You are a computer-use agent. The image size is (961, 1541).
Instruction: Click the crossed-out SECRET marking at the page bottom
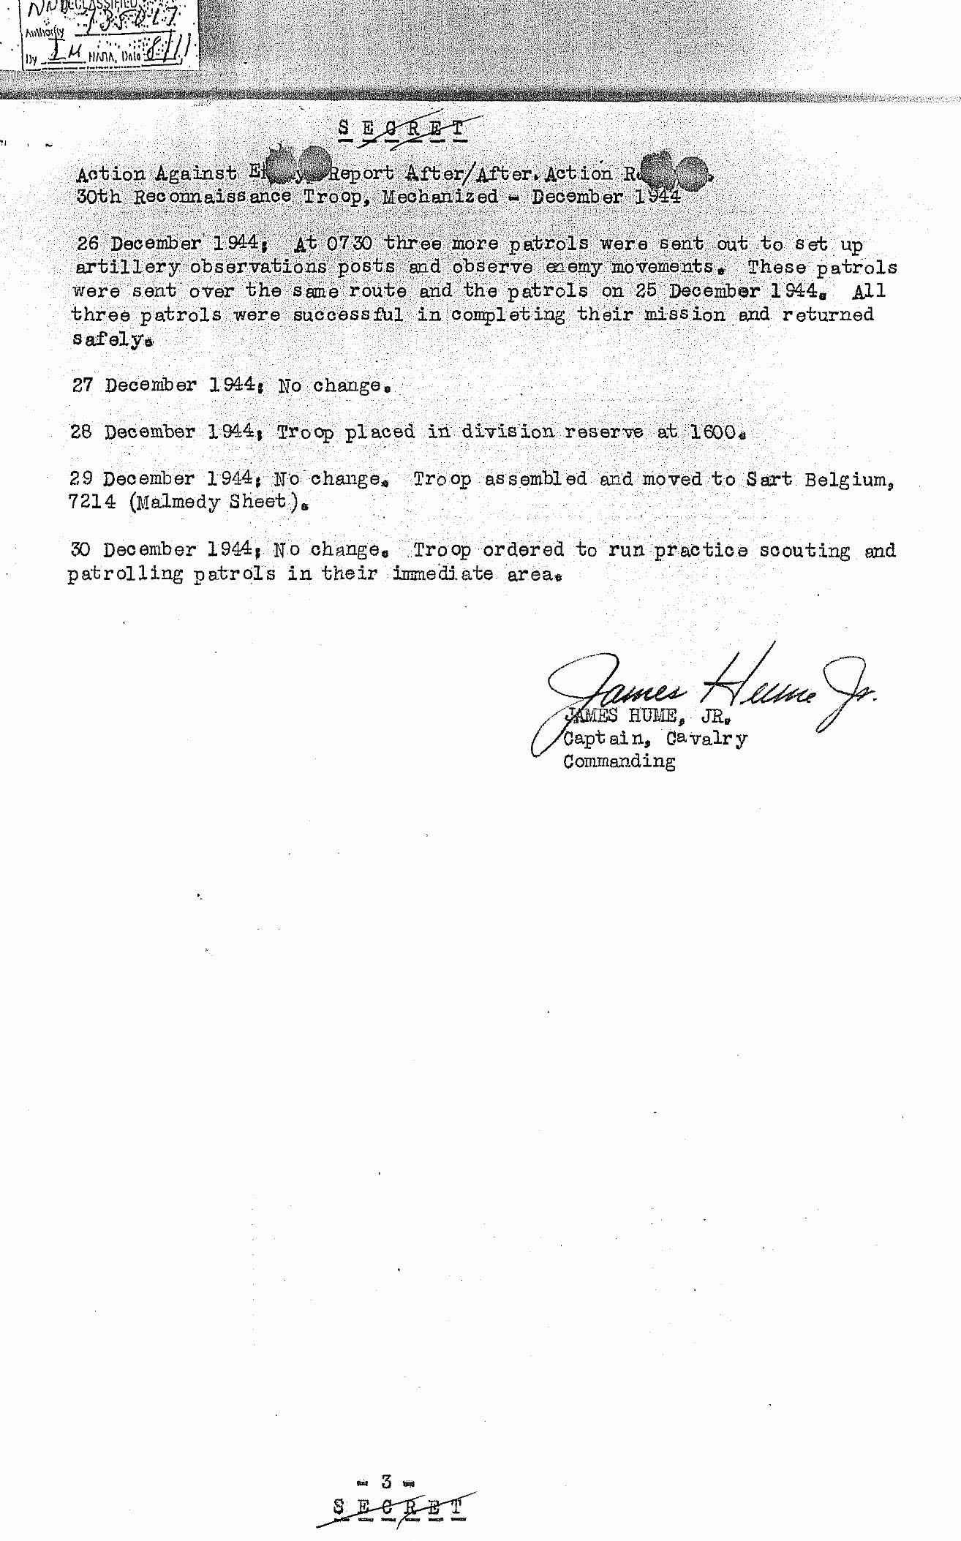(x=398, y=1507)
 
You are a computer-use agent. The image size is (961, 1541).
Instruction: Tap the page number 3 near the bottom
(x=386, y=1482)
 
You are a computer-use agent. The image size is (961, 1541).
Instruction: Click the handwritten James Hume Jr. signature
(x=702, y=687)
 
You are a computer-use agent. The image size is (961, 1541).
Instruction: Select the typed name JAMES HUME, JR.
(x=644, y=717)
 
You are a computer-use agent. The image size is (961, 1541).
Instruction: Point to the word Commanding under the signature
(x=619, y=761)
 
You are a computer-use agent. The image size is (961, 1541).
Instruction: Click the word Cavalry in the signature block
(x=706, y=739)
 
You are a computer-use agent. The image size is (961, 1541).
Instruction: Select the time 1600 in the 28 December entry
(x=713, y=432)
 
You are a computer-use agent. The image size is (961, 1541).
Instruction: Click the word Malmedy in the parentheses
(x=176, y=503)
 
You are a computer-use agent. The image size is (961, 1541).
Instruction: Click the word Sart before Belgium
(x=769, y=480)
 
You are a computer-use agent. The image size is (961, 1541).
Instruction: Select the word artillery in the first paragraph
(x=127, y=267)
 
